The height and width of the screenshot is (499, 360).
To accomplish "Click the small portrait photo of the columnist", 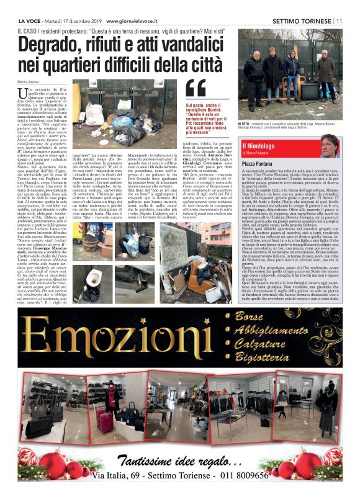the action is [330, 144].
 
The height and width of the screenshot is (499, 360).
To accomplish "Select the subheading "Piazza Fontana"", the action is [259, 163].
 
